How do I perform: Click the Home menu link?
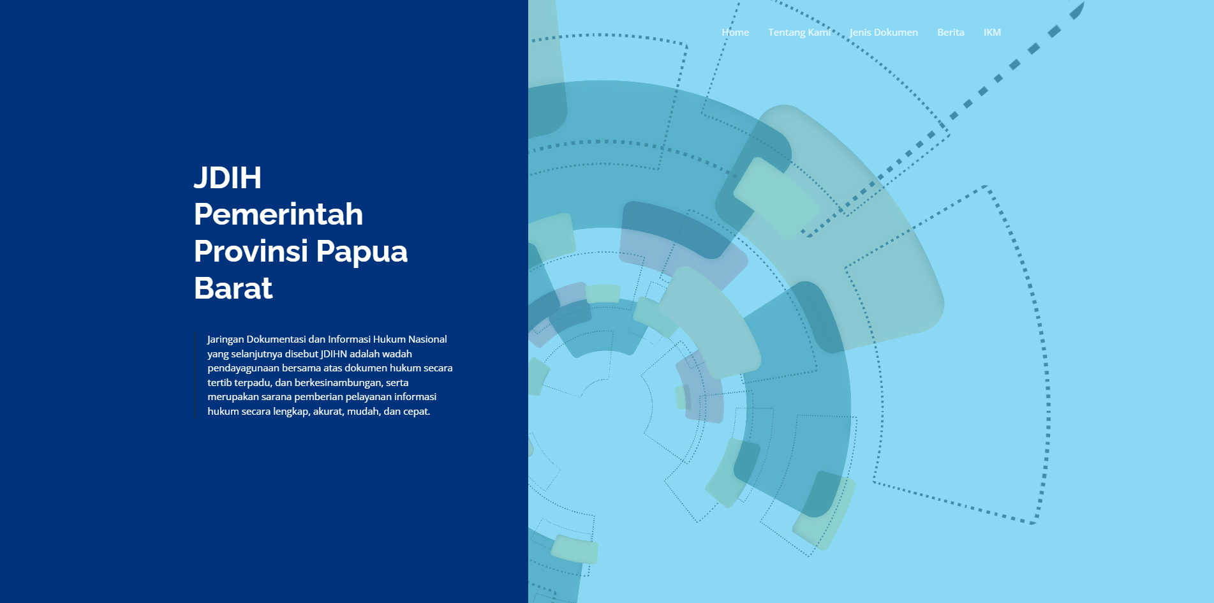(735, 33)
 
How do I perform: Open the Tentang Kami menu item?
(799, 33)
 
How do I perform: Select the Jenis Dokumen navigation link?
(884, 33)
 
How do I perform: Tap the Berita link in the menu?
(951, 33)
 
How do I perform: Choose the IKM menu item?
(992, 33)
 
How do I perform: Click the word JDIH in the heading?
(228, 177)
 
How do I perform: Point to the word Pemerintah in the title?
(278, 214)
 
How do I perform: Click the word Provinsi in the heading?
(251, 251)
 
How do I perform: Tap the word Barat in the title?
(233, 288)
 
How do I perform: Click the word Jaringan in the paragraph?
(225, 339)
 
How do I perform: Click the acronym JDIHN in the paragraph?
(334, 354)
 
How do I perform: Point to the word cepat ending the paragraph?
(417, 412)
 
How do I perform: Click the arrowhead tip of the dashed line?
(1083, 3)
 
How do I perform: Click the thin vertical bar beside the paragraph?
(195, 375)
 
